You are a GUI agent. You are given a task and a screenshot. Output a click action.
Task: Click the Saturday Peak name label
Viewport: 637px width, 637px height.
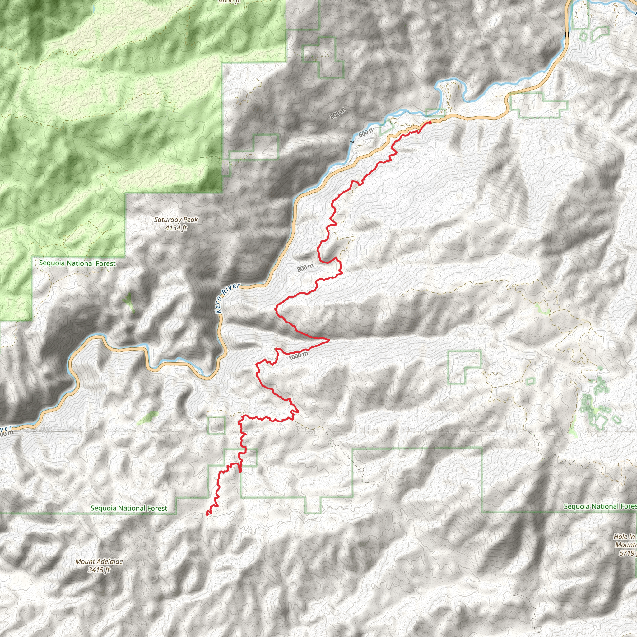tap(176, 220)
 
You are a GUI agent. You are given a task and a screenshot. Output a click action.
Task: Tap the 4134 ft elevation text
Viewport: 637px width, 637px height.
tap(176, 227)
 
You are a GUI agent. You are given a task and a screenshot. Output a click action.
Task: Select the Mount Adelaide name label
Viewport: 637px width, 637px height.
tap(99, 561)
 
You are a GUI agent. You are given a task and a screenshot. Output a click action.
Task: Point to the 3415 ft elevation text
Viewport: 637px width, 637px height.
tap(99, 570)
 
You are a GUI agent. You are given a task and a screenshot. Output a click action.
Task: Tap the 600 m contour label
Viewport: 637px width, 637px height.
tap(366, 132)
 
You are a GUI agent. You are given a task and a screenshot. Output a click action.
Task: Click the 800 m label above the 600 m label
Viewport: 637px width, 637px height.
tap(338, 113)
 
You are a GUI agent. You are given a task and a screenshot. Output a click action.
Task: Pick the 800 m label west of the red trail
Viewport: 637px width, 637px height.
tap(305, 267)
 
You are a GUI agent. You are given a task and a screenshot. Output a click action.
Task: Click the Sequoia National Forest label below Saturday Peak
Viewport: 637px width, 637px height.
tap(77, 263)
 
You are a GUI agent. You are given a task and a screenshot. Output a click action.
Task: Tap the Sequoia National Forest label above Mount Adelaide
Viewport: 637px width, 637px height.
tap(129, 509)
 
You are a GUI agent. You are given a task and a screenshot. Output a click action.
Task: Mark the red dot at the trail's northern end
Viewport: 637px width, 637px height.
tap(430, 123)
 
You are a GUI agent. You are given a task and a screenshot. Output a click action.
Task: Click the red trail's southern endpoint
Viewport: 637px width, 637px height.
tap(207, 514)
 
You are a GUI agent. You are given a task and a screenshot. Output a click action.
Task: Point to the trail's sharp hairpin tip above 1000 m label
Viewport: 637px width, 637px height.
tap(329, 340)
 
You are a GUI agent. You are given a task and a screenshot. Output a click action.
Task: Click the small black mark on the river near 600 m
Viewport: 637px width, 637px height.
tap(352, 142)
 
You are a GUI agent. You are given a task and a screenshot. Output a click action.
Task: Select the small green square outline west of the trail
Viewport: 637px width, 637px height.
tap(216, 425)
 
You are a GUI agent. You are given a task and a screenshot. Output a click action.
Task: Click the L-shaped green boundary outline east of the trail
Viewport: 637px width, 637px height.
tap(464, 367)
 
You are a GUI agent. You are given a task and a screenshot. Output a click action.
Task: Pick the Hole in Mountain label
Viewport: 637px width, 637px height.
tap(625, 545)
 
